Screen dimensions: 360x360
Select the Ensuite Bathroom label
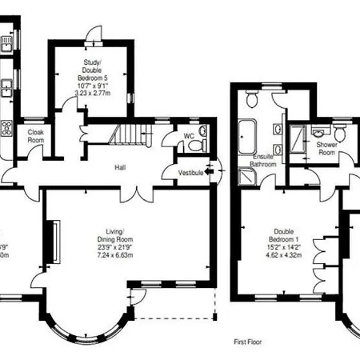[264, 161]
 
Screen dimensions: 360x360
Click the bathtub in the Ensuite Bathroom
[247, 134]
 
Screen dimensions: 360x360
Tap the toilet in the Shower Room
[339, 132]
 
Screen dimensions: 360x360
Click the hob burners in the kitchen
[6, 126]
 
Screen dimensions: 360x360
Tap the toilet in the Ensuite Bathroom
[252, 101]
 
